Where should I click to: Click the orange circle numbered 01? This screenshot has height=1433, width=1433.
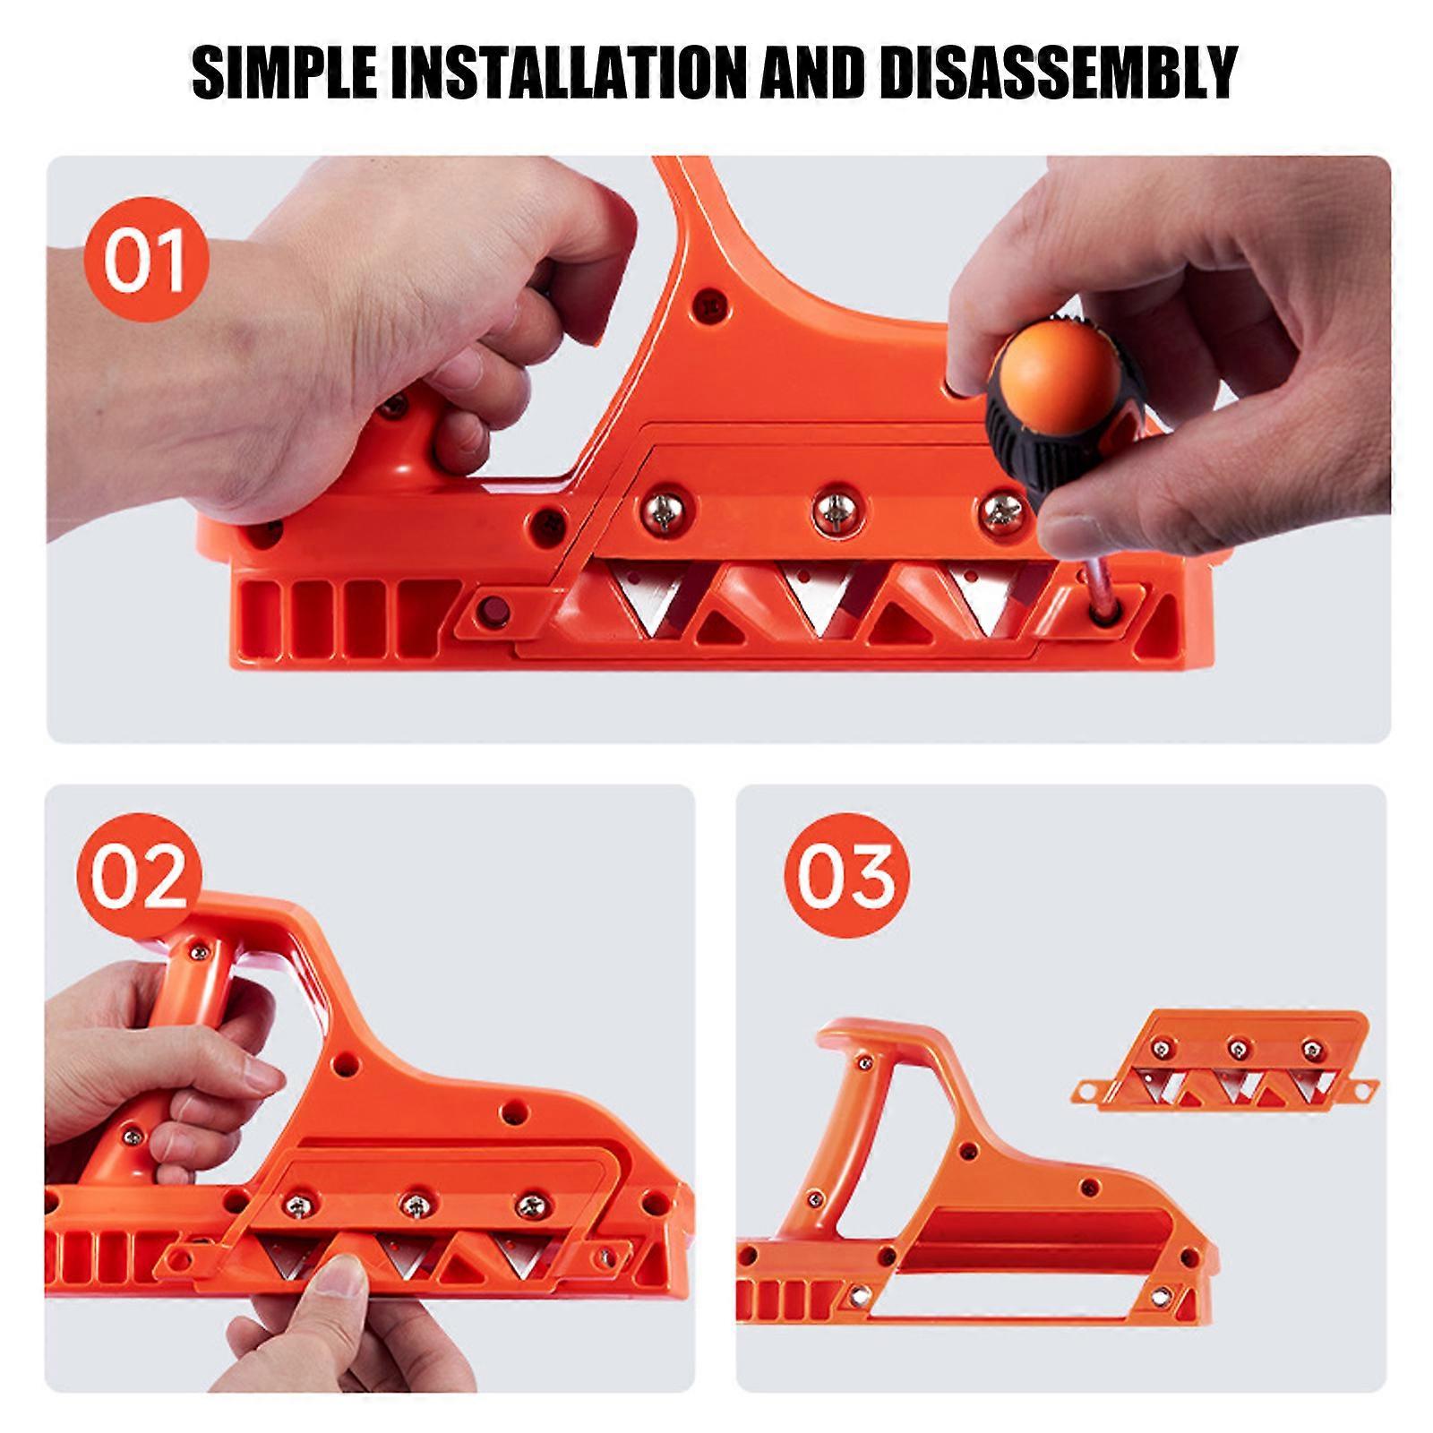click(145, 260)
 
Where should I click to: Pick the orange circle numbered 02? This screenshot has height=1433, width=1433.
click(139, 878)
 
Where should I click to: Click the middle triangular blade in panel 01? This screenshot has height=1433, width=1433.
click(818, 600)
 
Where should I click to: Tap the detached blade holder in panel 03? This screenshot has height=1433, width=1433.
click(1223, 1060)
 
